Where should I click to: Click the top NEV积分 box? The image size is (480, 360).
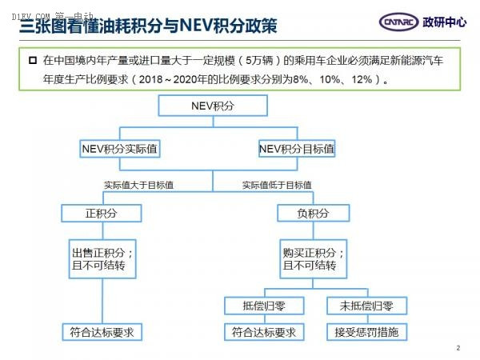tap(213, 106)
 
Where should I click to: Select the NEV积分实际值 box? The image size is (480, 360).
tap(120, 149)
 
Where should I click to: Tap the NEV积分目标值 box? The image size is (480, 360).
tap(297, 149)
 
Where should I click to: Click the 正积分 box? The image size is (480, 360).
tap(102, 213)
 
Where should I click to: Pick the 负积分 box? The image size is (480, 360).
tap(313, 213)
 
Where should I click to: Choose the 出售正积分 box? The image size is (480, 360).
tap(102, 259)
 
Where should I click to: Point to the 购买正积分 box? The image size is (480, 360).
tap(313, 259)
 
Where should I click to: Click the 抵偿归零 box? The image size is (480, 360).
tap(264, 306)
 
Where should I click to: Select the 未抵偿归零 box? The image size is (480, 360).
tap(366, 306)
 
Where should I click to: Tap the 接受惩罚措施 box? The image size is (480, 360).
tap(366, 332)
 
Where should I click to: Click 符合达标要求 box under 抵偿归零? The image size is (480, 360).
tap(264, 332)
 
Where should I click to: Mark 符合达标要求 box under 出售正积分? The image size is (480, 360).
tap(102, 332)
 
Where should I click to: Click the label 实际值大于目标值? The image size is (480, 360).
tap(138, 185)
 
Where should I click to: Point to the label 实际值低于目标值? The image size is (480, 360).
tap(277, 185)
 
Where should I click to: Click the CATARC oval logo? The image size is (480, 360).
tap(398, 22)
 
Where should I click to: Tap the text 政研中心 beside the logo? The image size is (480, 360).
tap(445, 22)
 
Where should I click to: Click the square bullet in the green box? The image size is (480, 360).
tap(33, 60)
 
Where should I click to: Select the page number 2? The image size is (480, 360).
tap(458, 348)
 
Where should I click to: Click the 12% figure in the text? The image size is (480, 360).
tap(362, 79)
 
